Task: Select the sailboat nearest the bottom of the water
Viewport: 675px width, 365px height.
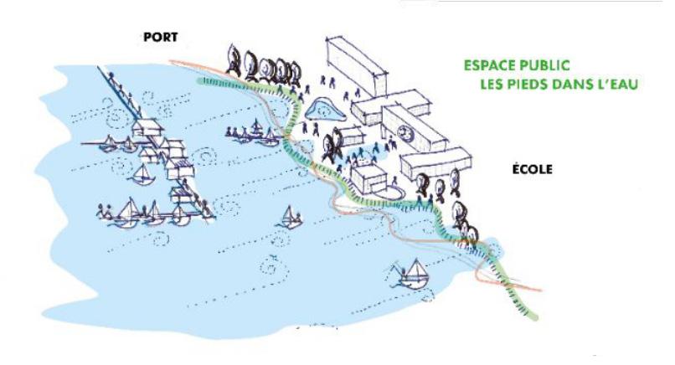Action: coord(410,273)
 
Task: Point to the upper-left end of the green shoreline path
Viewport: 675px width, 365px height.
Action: coord(200,80)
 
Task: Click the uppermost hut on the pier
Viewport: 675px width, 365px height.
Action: coord(143,128)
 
